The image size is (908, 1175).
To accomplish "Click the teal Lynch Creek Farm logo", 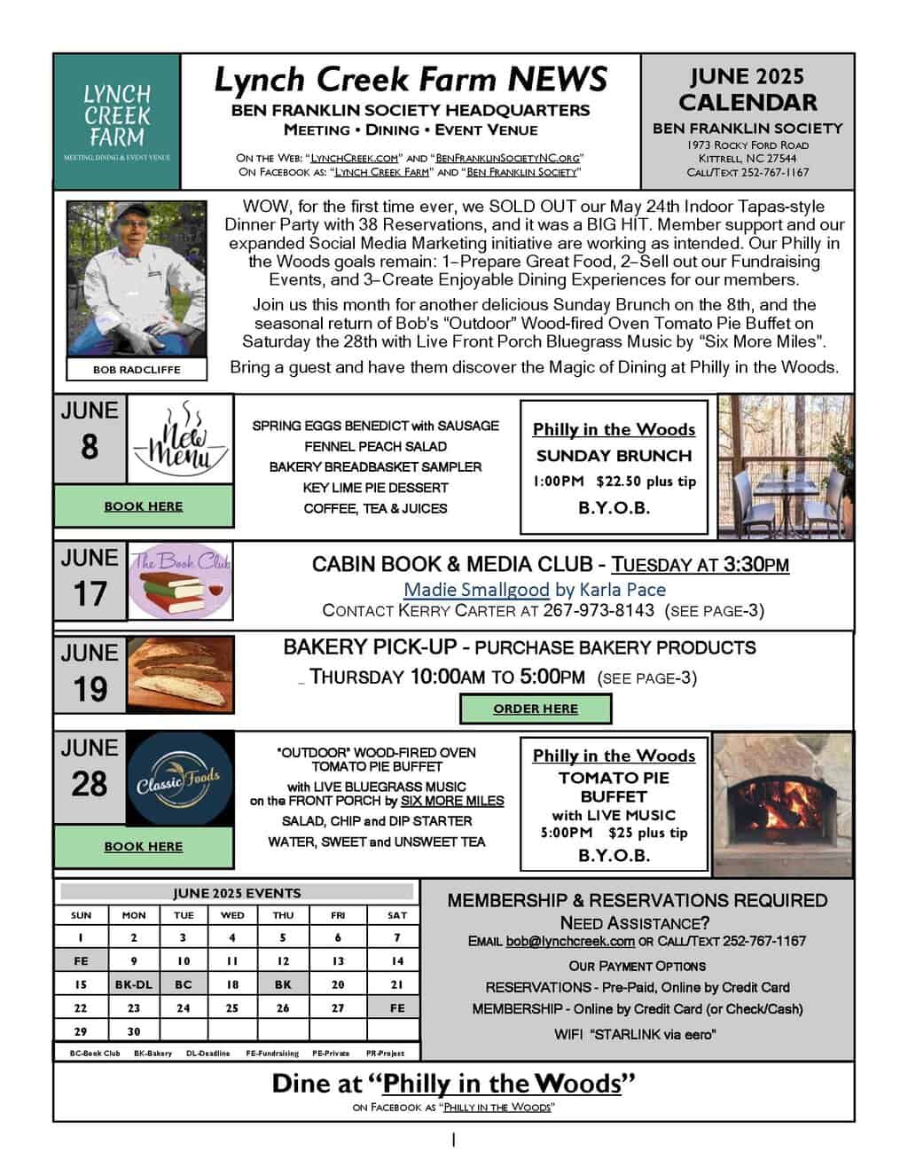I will (x=117, y=121).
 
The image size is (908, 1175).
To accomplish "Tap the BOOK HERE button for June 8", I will (x=144, y=506).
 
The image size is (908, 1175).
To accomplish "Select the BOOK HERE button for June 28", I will (x=144, y=846).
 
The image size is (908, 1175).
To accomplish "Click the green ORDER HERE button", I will (x=536, y=709).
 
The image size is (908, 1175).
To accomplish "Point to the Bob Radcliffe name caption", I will (x=137, y=370).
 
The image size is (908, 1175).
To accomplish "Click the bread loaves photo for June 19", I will (x=181, y=674).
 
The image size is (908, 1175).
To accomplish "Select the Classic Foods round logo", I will (x=181, y=779).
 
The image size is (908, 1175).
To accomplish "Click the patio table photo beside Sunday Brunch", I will (x=785, y=465).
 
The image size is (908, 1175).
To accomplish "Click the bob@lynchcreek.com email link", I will (x=570, y=941).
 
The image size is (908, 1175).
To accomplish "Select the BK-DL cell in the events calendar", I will (x=134, y=984).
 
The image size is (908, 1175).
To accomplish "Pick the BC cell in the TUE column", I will (x=184, y=984).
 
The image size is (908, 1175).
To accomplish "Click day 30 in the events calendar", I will (x=134, y=1031).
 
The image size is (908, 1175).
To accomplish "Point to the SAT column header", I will (x=397, y=914).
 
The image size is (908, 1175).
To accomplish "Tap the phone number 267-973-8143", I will (x=599, y=610).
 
